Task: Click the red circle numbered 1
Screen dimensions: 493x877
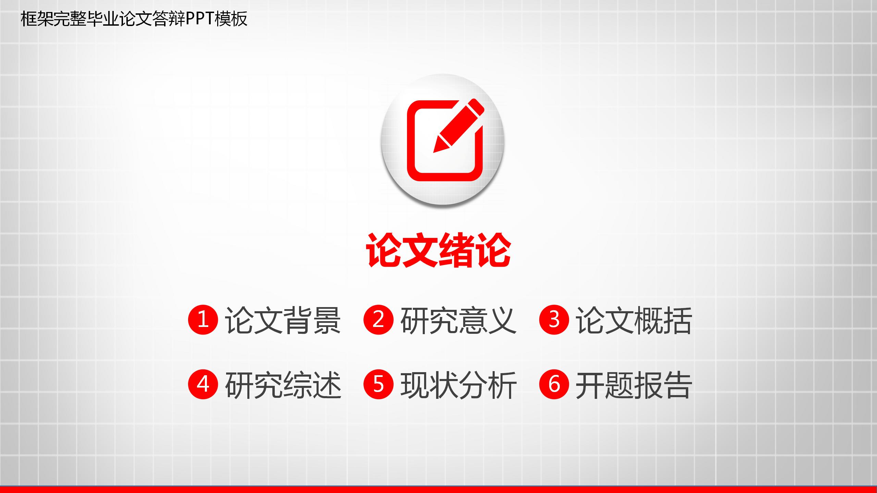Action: tap(203, 320)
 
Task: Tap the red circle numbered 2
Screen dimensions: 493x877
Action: tap(378, 320)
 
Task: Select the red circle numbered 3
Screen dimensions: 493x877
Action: tap(554, 320)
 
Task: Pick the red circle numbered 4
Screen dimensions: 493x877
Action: tap(203, 384)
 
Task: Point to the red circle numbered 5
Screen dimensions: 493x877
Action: tap(378, 384)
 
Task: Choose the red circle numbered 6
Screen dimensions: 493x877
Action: tap(554, 384)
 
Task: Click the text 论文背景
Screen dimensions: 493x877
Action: tap(283, 320)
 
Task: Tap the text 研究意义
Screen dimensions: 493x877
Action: tap(458, 320)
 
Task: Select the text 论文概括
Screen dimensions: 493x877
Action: tap(634, 320)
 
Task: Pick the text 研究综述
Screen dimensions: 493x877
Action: tap(283, 385)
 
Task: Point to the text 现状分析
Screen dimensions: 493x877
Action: tap(458, 385)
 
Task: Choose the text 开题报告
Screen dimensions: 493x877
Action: tap(634, 385)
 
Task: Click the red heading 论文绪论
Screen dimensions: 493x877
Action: tap(438, 250)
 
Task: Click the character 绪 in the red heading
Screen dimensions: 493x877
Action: tap(456, 250)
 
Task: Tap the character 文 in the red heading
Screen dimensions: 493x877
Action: tap(420, 250)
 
